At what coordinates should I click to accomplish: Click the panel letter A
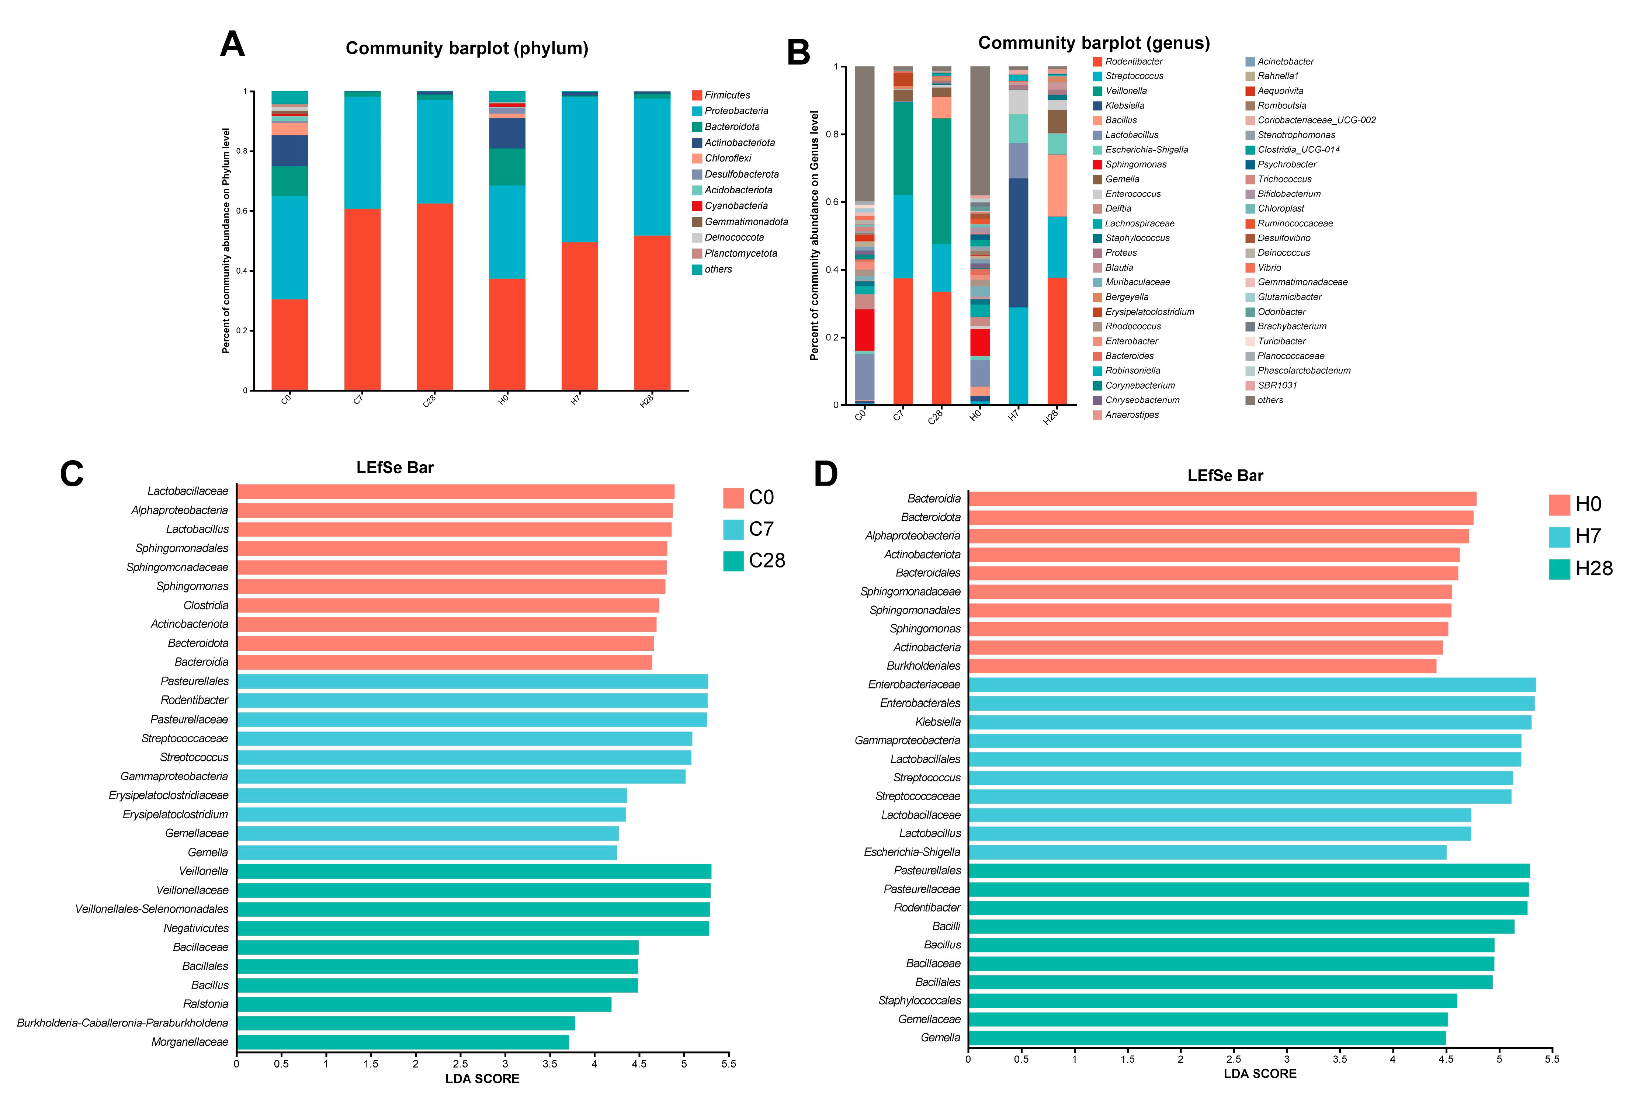coord(232,45)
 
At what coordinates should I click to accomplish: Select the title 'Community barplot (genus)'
coord(1093,44)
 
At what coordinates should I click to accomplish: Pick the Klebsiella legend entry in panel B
coord(1124,106)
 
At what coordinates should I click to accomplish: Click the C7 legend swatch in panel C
coord(733,529)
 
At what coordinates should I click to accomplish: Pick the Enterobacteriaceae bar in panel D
coord(1252,685)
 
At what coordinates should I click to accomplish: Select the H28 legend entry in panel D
coord(1593,569)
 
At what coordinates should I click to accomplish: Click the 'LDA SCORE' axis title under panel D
coord(1259,1074)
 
